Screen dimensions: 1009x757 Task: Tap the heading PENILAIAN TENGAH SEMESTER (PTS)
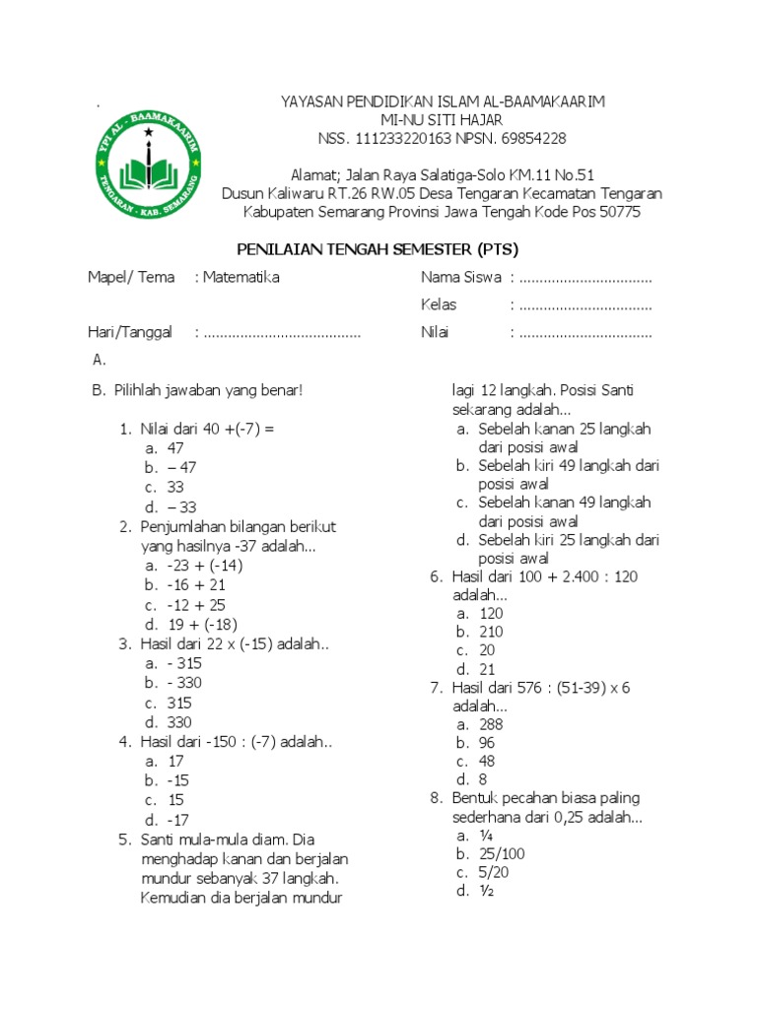pos(378,248)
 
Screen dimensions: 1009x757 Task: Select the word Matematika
pos(241,278)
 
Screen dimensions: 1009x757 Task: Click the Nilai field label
pos(435,333)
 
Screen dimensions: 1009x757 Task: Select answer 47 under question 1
pos(175,448)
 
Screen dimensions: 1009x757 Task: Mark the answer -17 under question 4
pos(177,820)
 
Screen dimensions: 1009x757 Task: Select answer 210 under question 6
pos(491,632)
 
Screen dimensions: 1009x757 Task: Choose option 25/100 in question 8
pos(499,853)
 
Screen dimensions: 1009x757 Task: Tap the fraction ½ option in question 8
pos(486,892)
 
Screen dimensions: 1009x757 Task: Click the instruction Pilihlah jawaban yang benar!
pos(209,390)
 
